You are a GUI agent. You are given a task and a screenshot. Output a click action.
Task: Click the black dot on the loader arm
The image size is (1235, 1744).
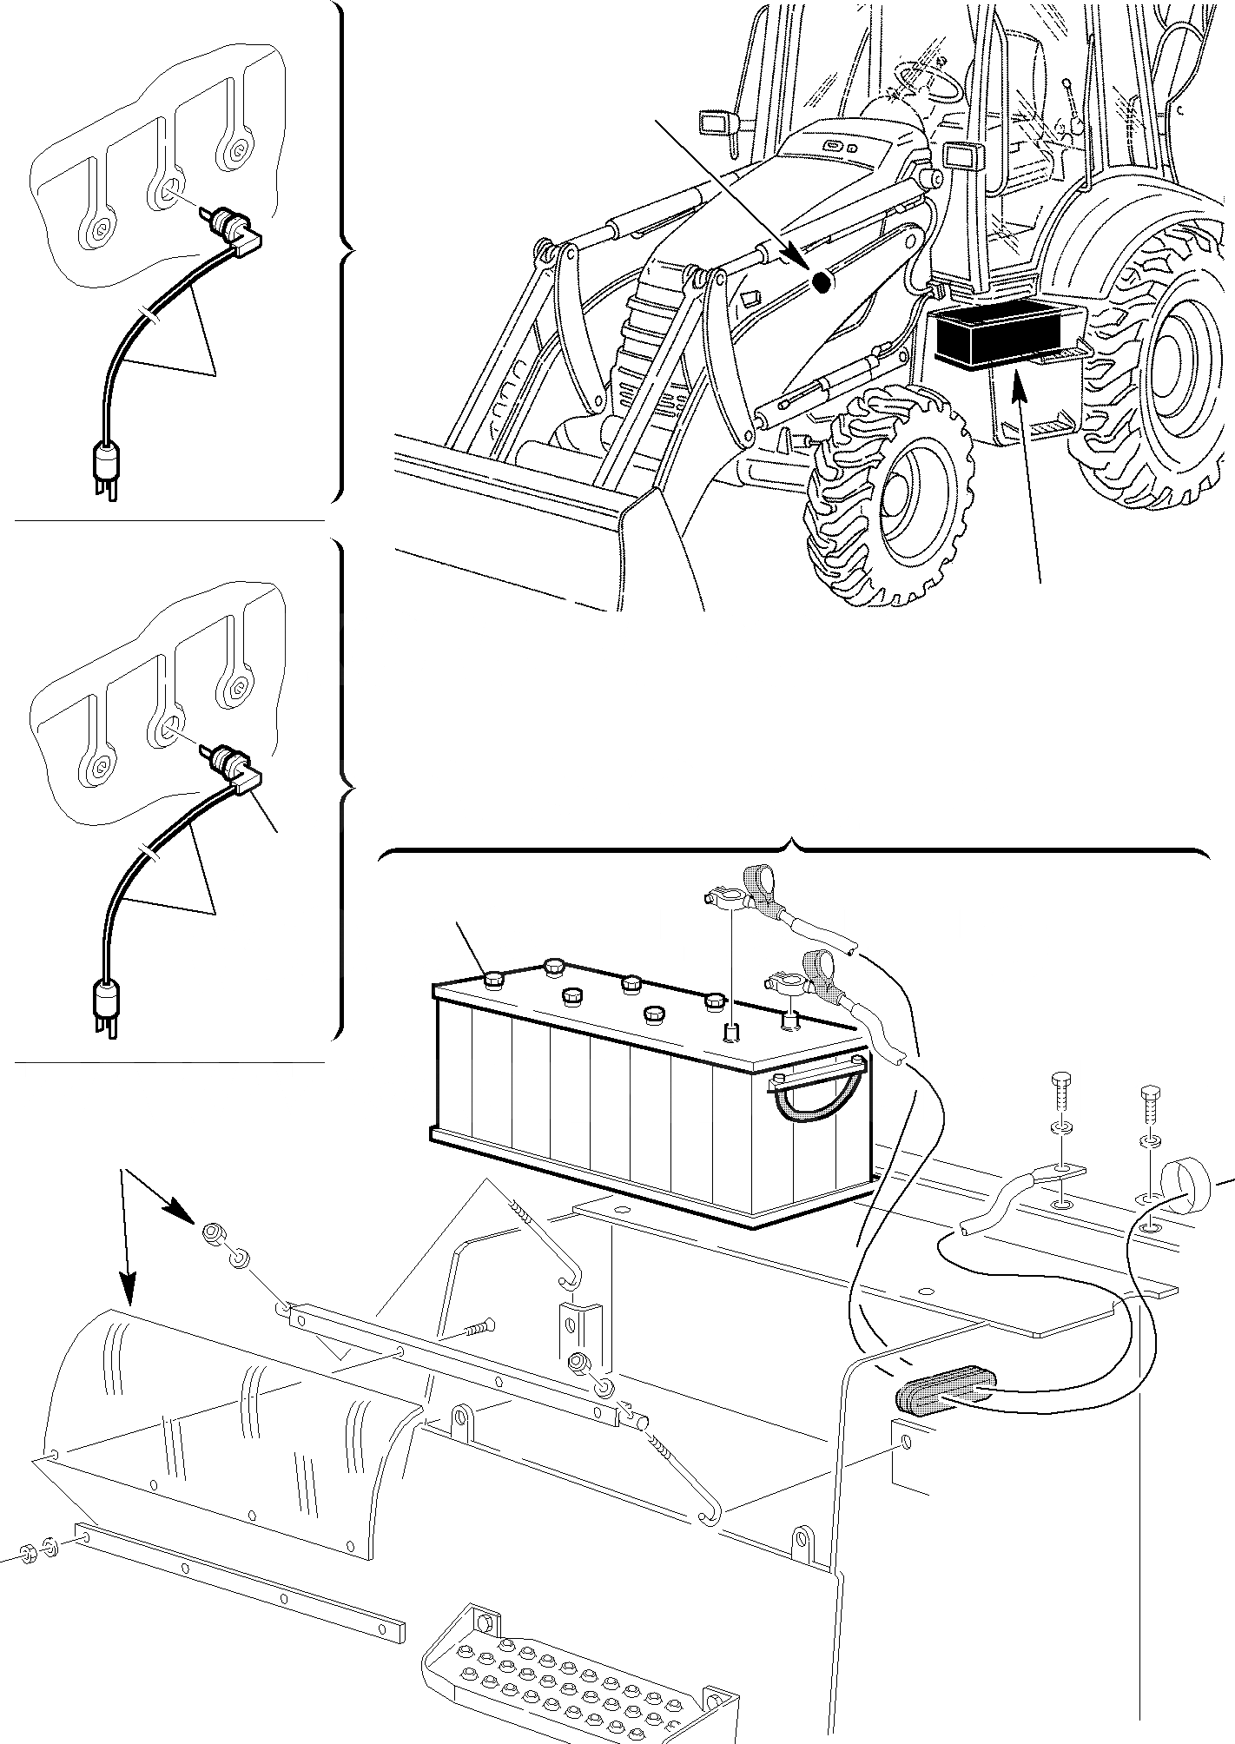(x=821, y=281)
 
